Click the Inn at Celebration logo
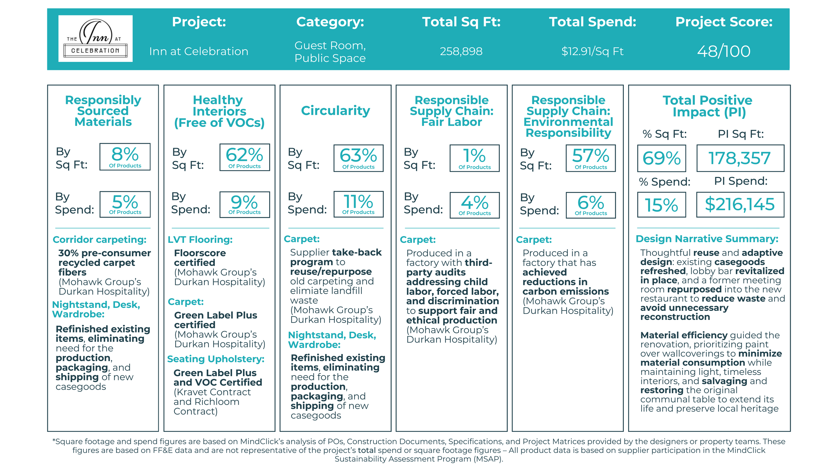pos(95,39)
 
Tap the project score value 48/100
pos(724,51)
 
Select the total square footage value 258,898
pos(461,51)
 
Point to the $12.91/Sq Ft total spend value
pos(592,51)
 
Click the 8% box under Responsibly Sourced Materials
pos(125,156)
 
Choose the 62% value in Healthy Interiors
pos(244,157)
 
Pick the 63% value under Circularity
pos(358,158)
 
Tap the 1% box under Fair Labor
pos(474,158)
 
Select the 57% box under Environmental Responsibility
pos(591,158)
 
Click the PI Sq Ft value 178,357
pos(740,158)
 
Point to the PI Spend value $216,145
pos(740,204)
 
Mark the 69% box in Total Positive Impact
pos(661,158)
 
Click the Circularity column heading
pos(335,111)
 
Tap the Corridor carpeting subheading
pos(100,240)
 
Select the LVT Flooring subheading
pos(200,240)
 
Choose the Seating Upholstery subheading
pos(216,359)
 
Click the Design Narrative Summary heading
pos(707,239)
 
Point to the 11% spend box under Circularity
pos(358,204)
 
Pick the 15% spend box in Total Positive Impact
pos(661,205)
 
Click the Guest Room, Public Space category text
pos(330,52)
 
